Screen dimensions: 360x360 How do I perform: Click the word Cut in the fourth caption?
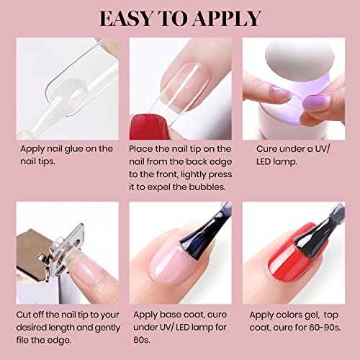click(x=23, y=315)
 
